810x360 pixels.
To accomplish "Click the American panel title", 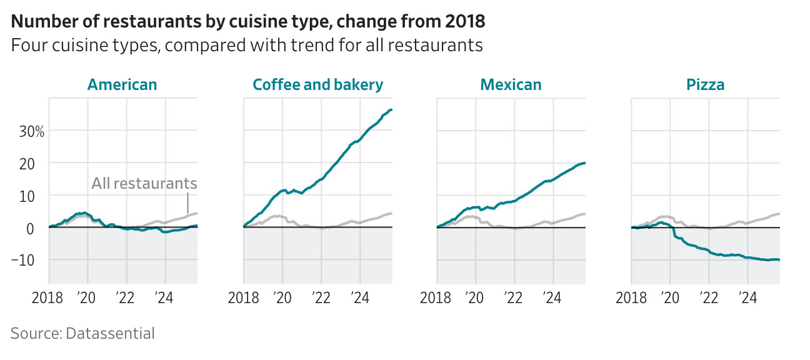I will coord(122,85).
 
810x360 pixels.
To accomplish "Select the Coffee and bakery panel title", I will coord(317,85).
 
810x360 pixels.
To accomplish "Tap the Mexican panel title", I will coord(511,85).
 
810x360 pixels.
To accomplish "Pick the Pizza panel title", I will coord(705,85).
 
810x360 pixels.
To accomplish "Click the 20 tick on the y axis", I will coord(36,164).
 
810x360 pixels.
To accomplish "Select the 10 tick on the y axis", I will coord(36,196).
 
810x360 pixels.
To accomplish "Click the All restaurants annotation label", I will coord(144,184).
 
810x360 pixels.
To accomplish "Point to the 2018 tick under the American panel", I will coord(47,297).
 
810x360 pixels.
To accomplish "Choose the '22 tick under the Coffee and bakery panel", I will coord(321,297).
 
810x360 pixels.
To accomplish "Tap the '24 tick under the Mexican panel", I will coord(552,297).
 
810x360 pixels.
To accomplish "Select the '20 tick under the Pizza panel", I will coord(669,297).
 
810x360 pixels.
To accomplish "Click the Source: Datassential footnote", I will coord(82,334).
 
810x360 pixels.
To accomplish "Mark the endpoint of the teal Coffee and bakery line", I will coord(391,110).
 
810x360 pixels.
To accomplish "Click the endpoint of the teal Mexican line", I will coord(585,163).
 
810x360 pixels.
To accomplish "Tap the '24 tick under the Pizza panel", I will coord(747,297).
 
